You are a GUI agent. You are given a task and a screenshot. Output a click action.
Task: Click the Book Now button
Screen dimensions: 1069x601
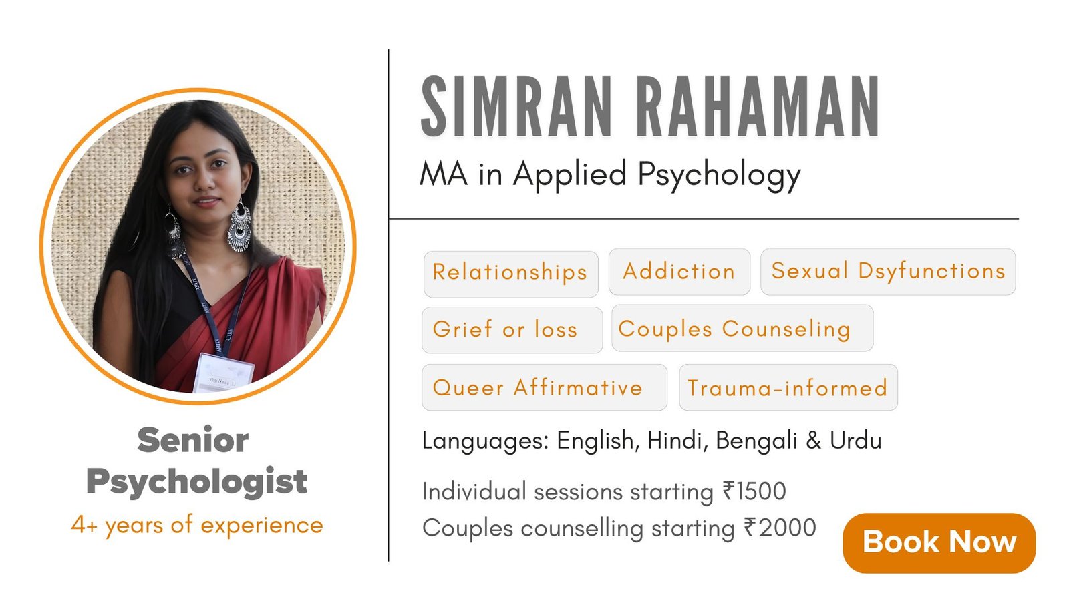click(939, 543)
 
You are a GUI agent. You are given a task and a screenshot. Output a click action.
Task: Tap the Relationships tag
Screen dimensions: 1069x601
click(510, 274)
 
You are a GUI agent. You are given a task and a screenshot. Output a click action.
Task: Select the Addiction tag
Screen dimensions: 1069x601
click(679, 272)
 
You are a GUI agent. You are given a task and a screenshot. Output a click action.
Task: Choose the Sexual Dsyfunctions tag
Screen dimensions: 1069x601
click(888, 272)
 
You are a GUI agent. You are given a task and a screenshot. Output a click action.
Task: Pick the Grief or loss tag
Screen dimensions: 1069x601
click(512, 330)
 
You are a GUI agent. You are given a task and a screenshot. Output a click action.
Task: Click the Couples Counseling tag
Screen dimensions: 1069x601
click(742, 328)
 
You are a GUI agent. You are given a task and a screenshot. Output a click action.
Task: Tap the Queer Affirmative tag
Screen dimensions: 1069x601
click(545, 387)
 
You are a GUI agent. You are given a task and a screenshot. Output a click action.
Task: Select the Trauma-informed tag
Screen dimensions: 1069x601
click(788, 387)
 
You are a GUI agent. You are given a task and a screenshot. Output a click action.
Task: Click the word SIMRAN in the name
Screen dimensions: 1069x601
click(515, 106)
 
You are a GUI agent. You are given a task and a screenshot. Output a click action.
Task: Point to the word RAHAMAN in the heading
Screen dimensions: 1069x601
click(758, 106)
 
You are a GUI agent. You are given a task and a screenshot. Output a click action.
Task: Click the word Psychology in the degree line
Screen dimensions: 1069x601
click(719, 175)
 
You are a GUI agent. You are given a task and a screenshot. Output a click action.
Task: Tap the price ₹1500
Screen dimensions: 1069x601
click(754, 491)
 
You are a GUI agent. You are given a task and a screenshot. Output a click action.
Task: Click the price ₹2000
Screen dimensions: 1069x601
click(780, 528)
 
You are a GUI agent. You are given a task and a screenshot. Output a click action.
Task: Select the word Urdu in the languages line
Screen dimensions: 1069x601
click(855, 440)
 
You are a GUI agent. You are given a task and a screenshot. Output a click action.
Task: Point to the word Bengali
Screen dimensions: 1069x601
click(756, 441)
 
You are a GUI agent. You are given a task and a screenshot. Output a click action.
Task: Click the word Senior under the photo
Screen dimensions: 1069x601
click(193, 440)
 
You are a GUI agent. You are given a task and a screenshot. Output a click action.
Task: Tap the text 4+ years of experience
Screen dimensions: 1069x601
click(197, 526)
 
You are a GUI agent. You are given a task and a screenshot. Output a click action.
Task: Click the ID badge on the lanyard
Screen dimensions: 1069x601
click(224, 373)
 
